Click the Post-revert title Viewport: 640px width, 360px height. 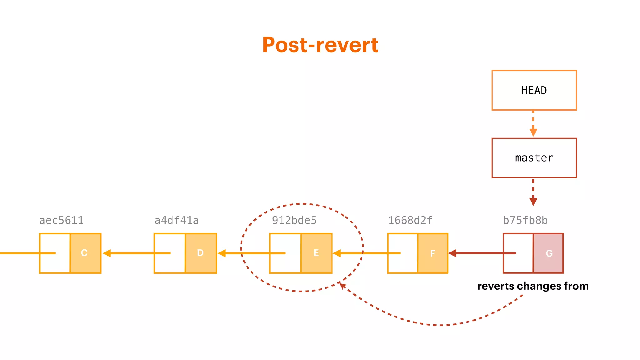320,45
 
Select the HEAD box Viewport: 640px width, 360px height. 534,90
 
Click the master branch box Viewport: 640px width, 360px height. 534,158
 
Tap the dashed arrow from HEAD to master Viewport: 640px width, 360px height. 533,123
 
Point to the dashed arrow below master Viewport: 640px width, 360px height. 533,192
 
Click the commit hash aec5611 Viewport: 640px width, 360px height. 61,221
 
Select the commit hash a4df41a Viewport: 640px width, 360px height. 177,221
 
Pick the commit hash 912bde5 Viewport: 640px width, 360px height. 294,221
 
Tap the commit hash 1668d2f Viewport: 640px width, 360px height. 410,221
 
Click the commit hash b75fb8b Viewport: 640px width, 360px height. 525,221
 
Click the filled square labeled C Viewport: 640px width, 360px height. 85,253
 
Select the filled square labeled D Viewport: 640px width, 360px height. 201,253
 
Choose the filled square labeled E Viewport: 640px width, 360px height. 316,253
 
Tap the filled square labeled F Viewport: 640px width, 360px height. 433,253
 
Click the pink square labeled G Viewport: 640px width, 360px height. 548,253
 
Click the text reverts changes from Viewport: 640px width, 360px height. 533,286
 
